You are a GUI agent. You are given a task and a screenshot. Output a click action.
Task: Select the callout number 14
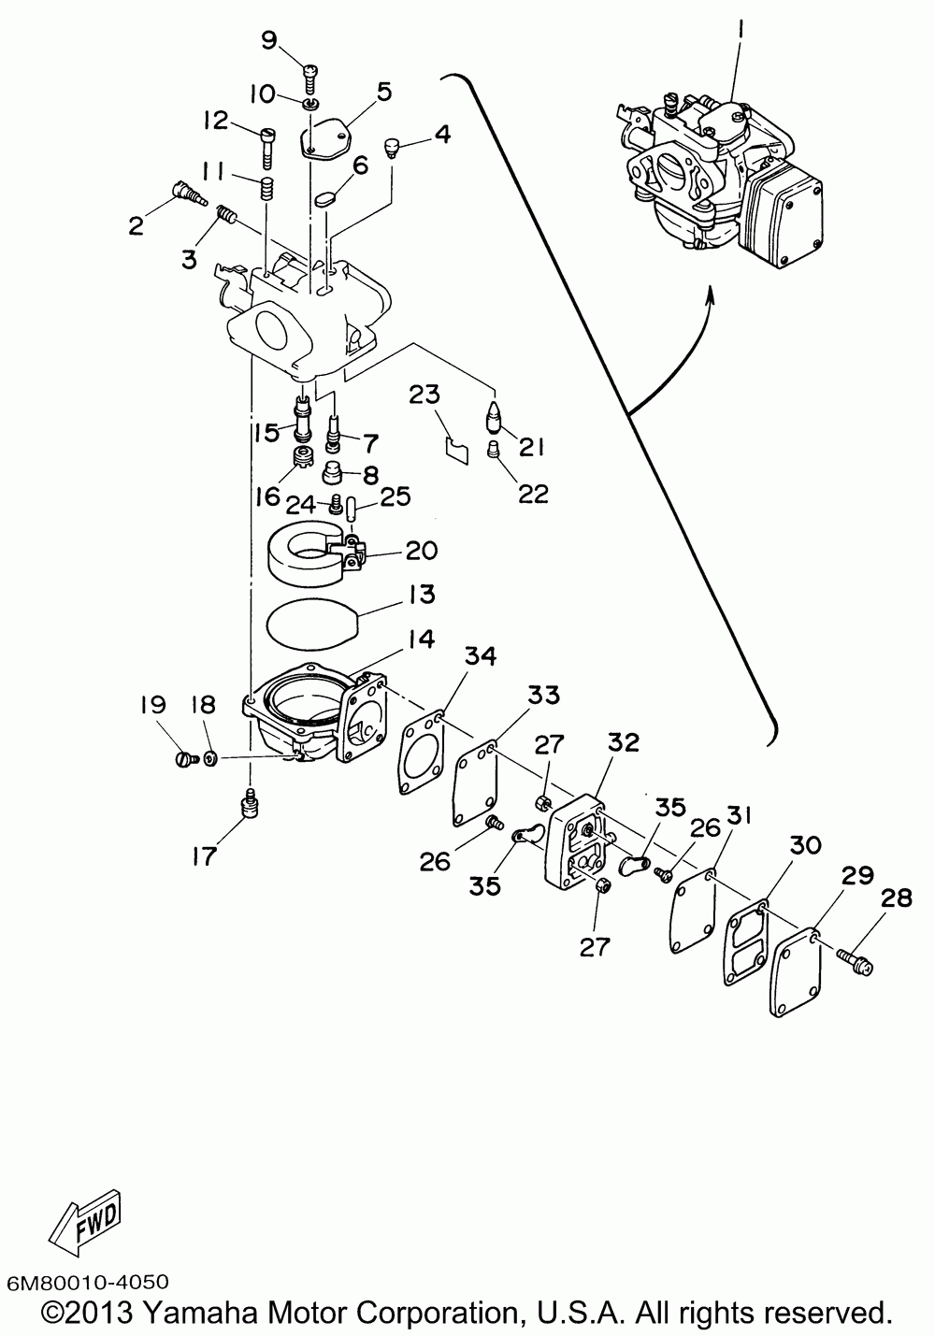coord(420,639)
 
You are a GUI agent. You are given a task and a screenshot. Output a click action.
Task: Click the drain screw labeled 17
coord(251,802)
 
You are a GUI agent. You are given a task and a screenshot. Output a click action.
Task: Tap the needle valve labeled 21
coord(493,415)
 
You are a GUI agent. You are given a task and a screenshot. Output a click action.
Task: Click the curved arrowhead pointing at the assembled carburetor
coord(710,295)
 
